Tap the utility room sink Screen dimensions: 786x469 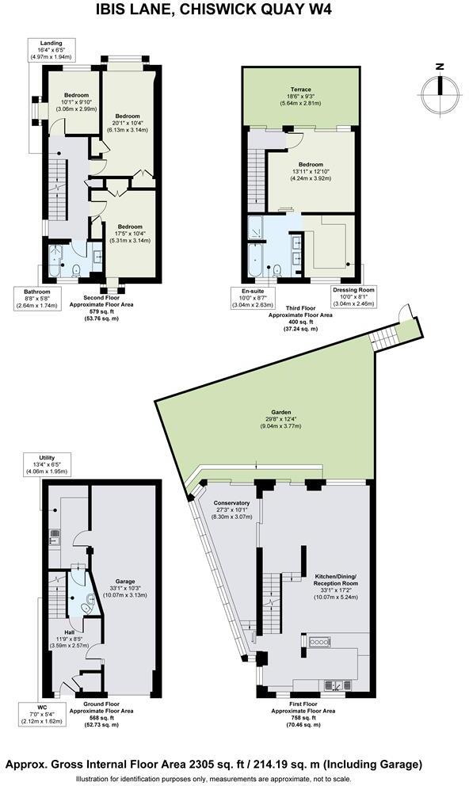(53, 533)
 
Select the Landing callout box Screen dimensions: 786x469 (51, 50)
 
